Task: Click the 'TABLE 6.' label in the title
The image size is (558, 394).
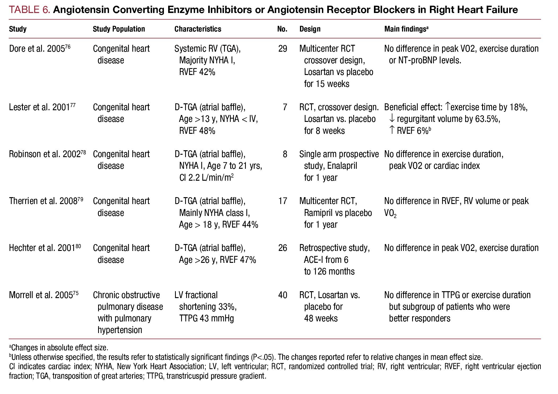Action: pyautogui.click(x=29, y=10)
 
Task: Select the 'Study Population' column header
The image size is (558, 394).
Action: pyautogui.click(x=119, y=29)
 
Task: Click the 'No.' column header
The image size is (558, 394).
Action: pyautogui.click(x=282, y=29)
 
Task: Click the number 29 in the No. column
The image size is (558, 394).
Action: pyautogui.click(x=282, y=49)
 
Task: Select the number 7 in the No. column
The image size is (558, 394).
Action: pyautogui.click(x=285, y=107)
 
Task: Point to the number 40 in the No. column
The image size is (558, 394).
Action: pyautogui.click(x=282, y=295)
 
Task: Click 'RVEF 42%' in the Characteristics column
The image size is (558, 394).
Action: pyautogui.click(x=197, y=72)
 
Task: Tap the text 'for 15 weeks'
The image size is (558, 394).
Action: pyautogui.click(x=326, y=84)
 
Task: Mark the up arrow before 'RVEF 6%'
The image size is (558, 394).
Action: pyautogui.click(x=392, y=130)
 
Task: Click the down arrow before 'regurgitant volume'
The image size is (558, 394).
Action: pyautogui.click(x=392, y=119)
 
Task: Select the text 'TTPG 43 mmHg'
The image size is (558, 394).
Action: pyautogui.click(x=206, y=318)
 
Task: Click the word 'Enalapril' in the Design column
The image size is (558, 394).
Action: pyautogui.click(x=342, y=166)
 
